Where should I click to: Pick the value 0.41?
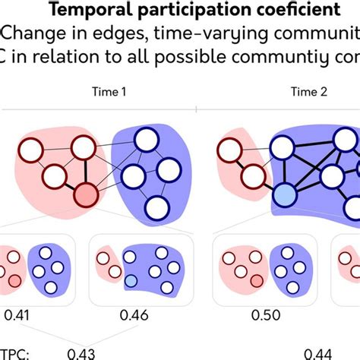(x=19, y=314)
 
